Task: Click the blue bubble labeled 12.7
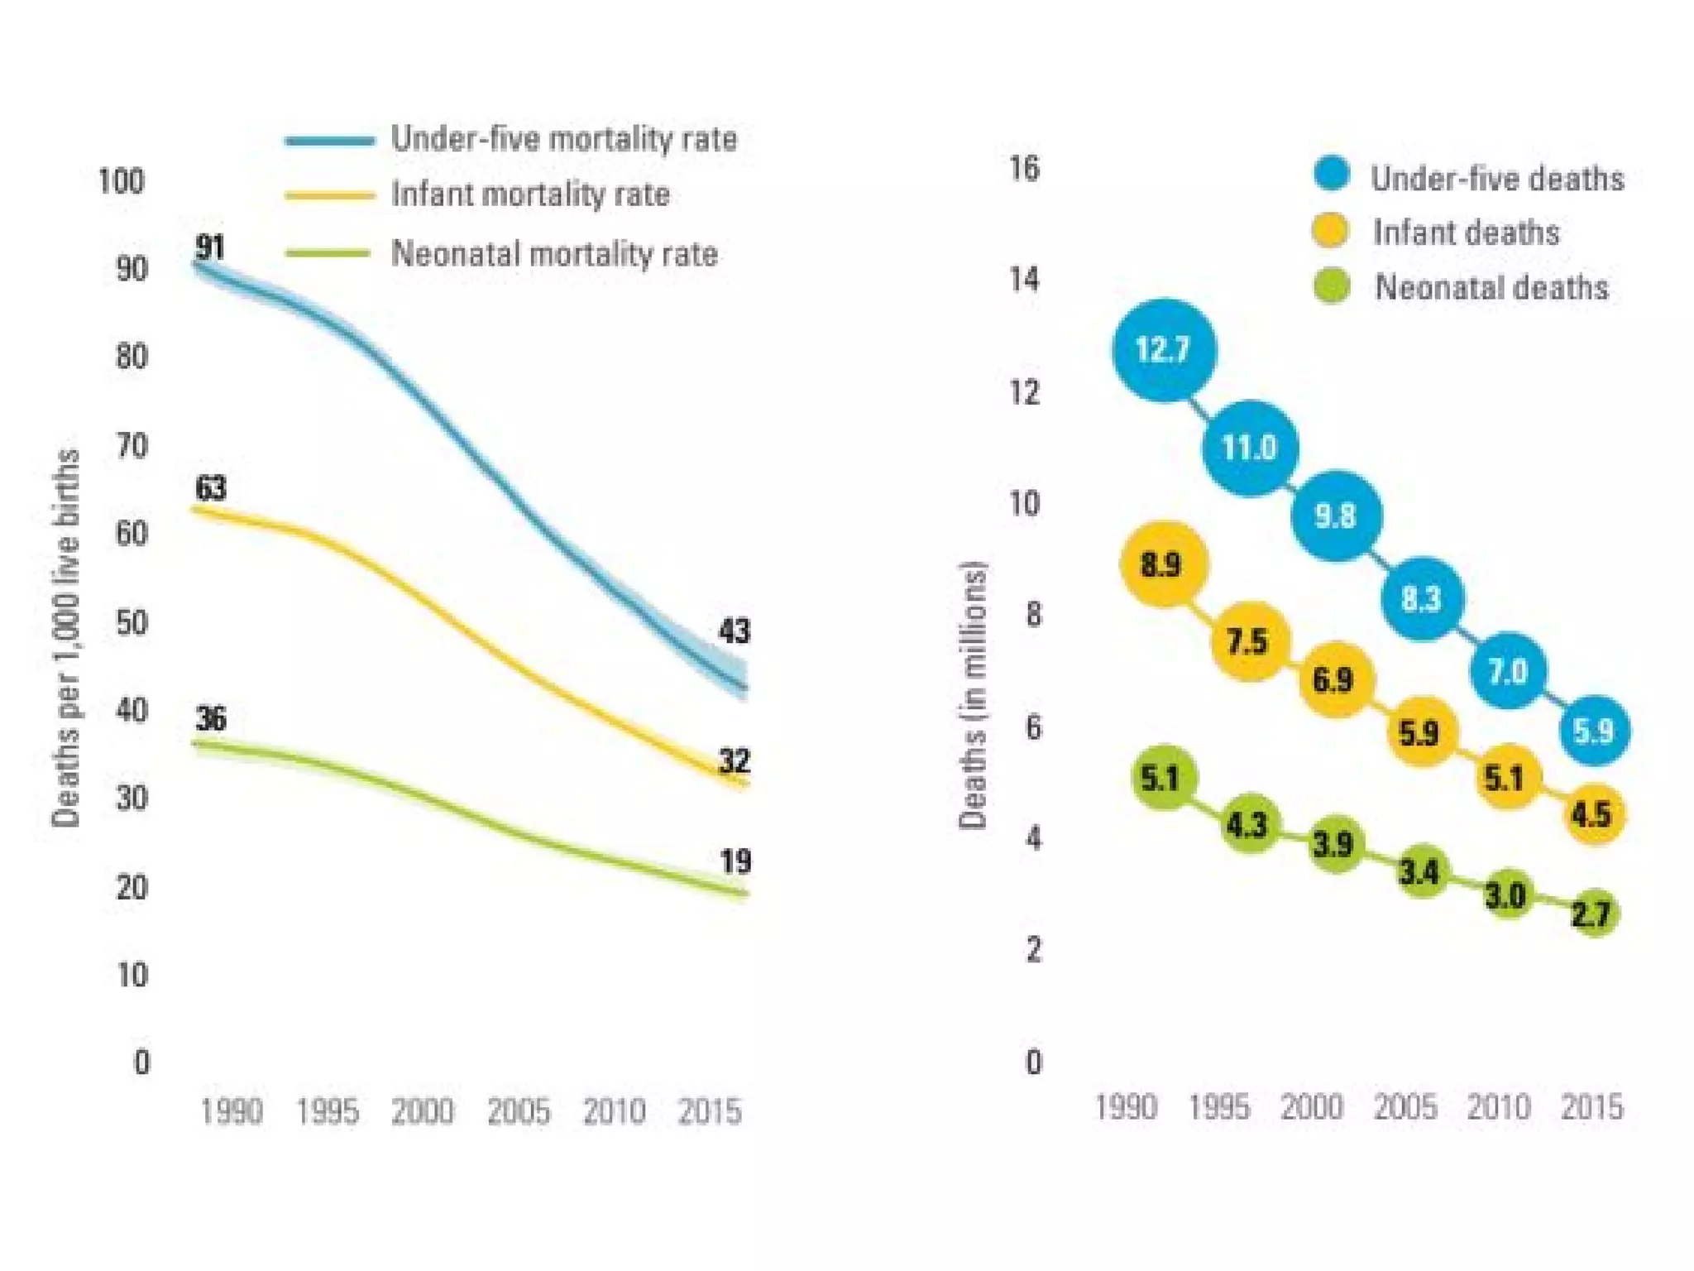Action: (1164, 350)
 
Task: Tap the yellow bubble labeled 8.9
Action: (1163, 564)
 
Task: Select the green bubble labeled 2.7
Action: (1593, 914)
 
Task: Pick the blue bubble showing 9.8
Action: (1336, 516)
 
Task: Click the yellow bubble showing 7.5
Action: (1249, 641)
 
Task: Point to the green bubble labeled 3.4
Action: (1420, 871)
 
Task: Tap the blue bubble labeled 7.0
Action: (1508, 670)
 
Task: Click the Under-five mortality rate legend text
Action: (563, 139)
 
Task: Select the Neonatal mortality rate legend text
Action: (554, 253)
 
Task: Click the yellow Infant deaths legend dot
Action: (1330, 230)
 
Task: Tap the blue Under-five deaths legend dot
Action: (1331, 174)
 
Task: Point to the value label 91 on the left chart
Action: (210, 247)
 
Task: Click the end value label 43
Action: (735, 631)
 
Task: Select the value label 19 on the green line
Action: (735, 861)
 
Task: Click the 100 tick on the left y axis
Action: (121, 180)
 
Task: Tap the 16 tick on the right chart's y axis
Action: (1024, 168)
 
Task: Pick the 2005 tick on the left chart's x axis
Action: (519, 1110)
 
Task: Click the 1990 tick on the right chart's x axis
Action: (1126, 1106)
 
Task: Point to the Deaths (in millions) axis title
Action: (973, 695)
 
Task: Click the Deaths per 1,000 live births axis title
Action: (66, 637)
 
